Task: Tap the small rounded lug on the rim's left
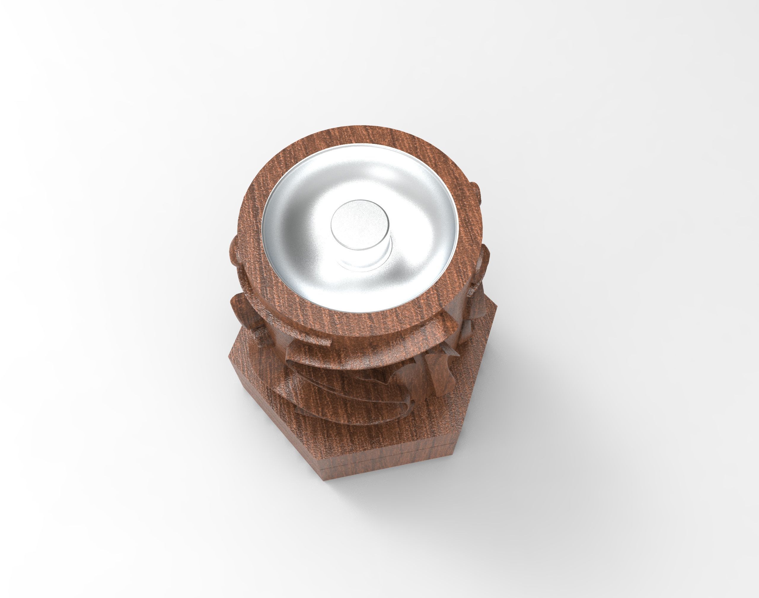click(x=235, y=245)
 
